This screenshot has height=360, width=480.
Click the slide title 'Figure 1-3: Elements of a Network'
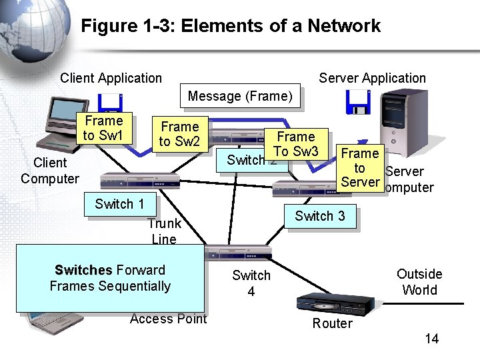pos(231,26)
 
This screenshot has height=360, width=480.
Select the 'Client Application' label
pos(111,78)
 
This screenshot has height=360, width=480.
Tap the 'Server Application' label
pos(372,78)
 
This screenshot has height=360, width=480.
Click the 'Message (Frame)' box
pos(240,97)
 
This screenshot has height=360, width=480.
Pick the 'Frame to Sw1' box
pos(103,128)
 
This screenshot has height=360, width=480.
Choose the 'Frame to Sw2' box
pos(180,133)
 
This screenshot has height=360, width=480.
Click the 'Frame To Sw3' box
pos(297,143)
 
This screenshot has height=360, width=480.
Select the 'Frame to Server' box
pos(360,167)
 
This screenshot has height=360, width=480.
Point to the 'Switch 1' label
pos(119,204)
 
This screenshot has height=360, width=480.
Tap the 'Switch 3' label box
pos(320,216)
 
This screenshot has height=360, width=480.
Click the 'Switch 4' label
pos(251,283)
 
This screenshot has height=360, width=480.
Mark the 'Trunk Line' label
pos(164,231)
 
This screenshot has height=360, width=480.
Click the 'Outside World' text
pos(419,281)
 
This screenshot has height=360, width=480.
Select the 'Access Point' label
pos(169,319)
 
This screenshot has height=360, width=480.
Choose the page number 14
pos(432,339)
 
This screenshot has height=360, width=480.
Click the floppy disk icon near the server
pos(357,102)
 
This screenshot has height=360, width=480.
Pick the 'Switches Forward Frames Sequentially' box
pos(110,278)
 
